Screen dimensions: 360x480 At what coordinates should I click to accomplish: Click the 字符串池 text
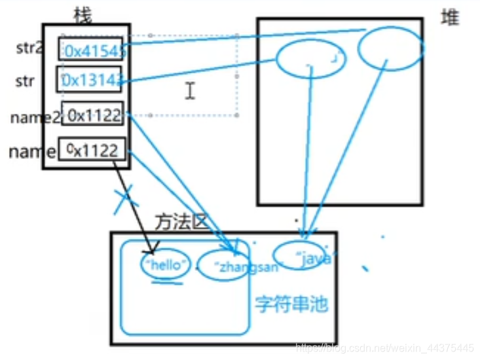[291, 304]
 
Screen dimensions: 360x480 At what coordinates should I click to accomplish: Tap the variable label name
[32, 152]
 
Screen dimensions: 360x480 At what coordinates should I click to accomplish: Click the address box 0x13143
[92, 81]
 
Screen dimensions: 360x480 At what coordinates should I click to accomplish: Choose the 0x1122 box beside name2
[92, 115]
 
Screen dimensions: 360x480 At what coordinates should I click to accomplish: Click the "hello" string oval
[166, 264]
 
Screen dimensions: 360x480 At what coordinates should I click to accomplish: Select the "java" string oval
[303, 256]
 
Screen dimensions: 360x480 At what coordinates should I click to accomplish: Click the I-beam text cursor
[190, 90]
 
